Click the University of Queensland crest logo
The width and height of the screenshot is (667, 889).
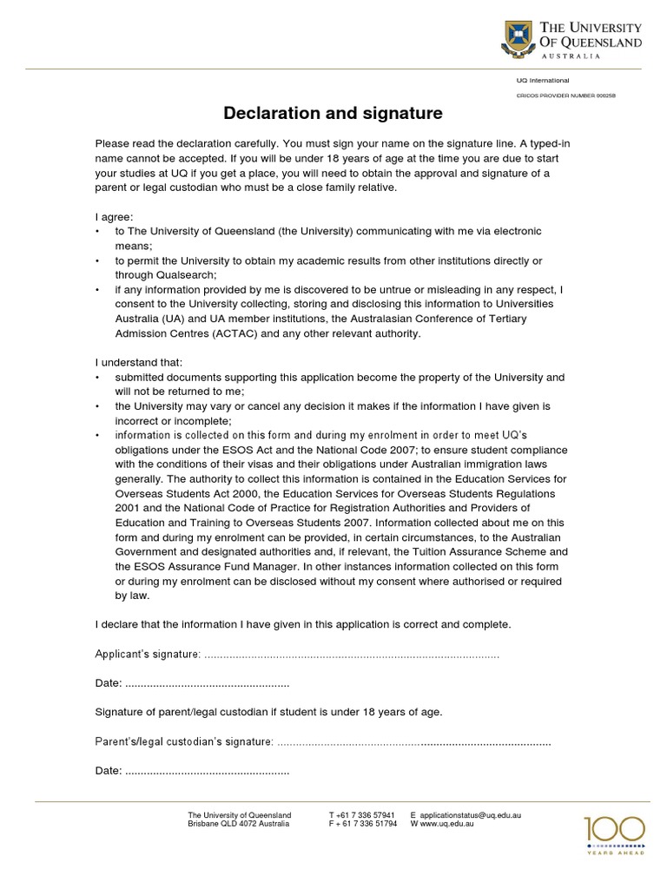click(x=518, y=40)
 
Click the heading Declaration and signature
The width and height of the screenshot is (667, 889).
click(x=333, y=114)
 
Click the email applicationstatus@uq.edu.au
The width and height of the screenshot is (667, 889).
click(x=472, y=815)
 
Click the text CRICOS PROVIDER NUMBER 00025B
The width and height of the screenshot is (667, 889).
click(x=566, y=95)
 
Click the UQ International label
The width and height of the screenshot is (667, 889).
click(x=543, y=80)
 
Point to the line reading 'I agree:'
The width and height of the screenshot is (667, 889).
click(x=114, y=216)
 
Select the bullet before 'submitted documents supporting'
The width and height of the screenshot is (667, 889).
click(x=98, y=378)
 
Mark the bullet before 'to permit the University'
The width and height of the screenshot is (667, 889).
click(x=98, y=260)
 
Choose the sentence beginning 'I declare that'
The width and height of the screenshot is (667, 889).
click(x=303, y=624)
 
